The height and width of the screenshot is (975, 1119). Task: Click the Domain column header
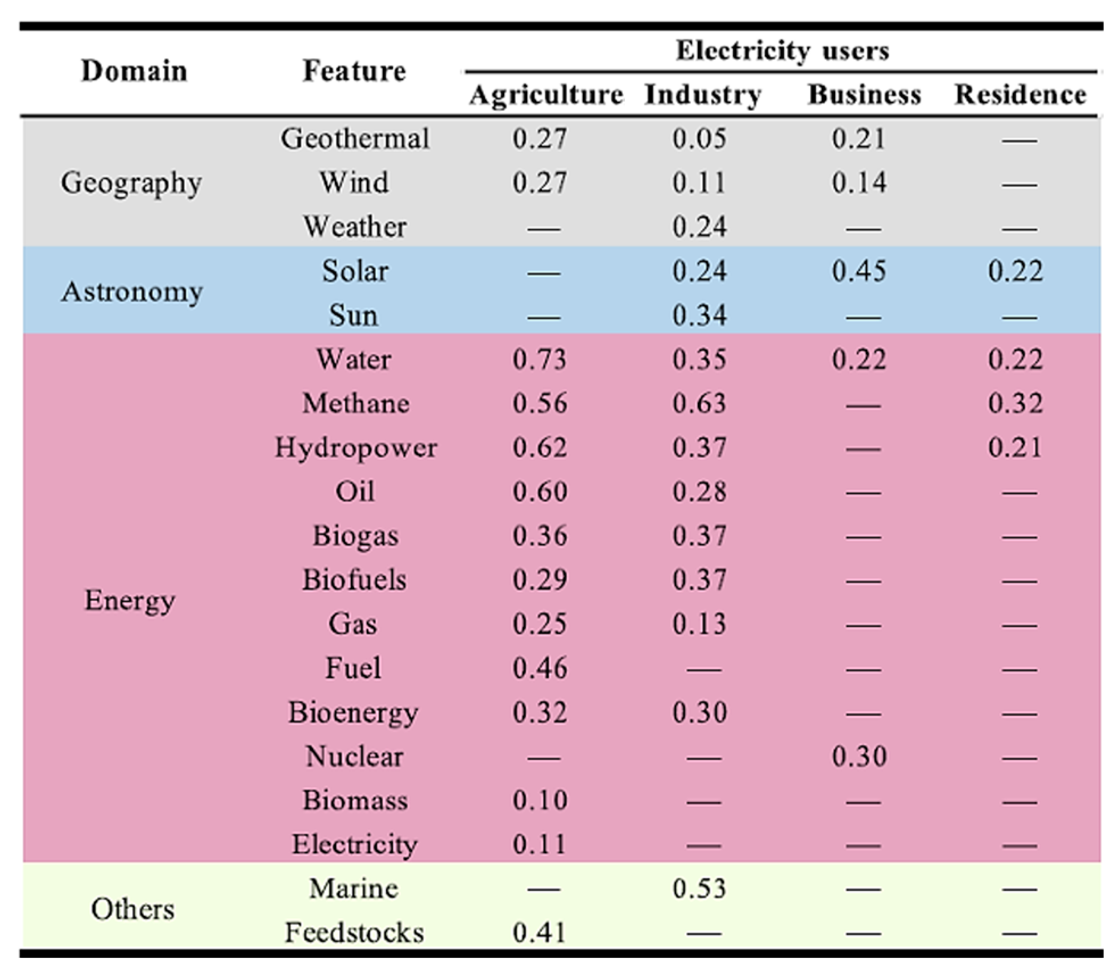[x=134, y=71]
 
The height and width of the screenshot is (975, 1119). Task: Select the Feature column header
[x=354, y=71]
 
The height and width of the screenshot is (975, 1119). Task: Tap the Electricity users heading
[x=782, y=51]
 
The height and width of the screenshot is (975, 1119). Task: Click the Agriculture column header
[x=546, y=94]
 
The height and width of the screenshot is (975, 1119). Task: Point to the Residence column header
[x=1020, y=94]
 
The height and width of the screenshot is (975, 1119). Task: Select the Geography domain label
[x=131, y=183]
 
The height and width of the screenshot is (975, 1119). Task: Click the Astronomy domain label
[x=132, y=292]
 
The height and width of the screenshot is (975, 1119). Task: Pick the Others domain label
[x=132, y=909]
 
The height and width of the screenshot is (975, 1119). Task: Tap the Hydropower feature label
[x=356, y=448]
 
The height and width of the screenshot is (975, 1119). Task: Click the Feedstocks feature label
[x=354, y=933]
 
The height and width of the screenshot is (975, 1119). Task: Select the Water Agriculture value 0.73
[x=540, y=359]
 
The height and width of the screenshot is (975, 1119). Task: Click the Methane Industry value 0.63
[x=699, y=404]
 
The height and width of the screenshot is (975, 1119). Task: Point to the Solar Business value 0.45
[x=859, y=271]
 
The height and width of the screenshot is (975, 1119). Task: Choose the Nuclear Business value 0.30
[x=859, y=757]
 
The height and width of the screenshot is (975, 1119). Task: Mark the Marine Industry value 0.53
[x=699, y=889]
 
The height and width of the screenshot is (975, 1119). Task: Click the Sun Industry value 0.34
[x=699, y=316]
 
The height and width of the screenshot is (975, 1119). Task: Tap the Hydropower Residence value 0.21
[x=1015, y=448]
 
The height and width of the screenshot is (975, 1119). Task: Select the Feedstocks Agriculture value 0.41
[x=540, y=933]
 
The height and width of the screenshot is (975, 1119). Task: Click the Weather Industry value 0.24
[x=699, y=227]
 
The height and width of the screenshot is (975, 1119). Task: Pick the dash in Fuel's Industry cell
[x=704, y=670]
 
